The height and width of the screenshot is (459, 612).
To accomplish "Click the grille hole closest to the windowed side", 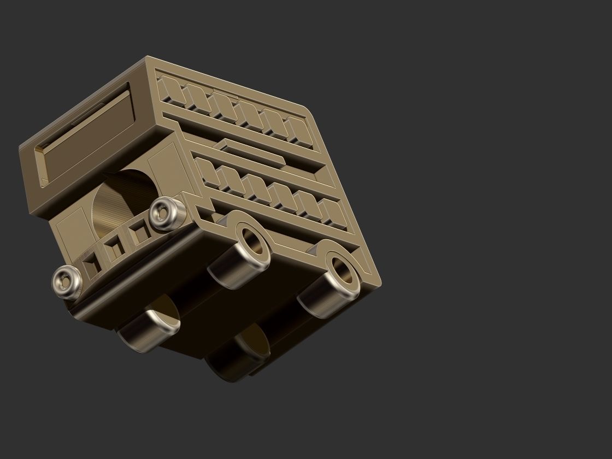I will (x=142, y=234).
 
